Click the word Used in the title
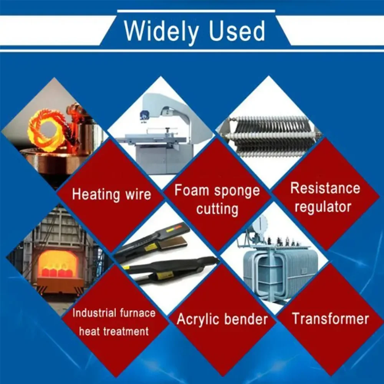tap(237, 31)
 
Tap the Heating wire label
tap(111, 194)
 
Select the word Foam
tap(191, 190)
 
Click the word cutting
tap(217, 209)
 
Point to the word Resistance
tap(325, 188)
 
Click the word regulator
tap(323, 207)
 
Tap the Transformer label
tap(331, 319)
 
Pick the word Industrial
tap(94, 313)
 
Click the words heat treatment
tap(114, 331)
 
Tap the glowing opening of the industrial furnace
tap(58, 264)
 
